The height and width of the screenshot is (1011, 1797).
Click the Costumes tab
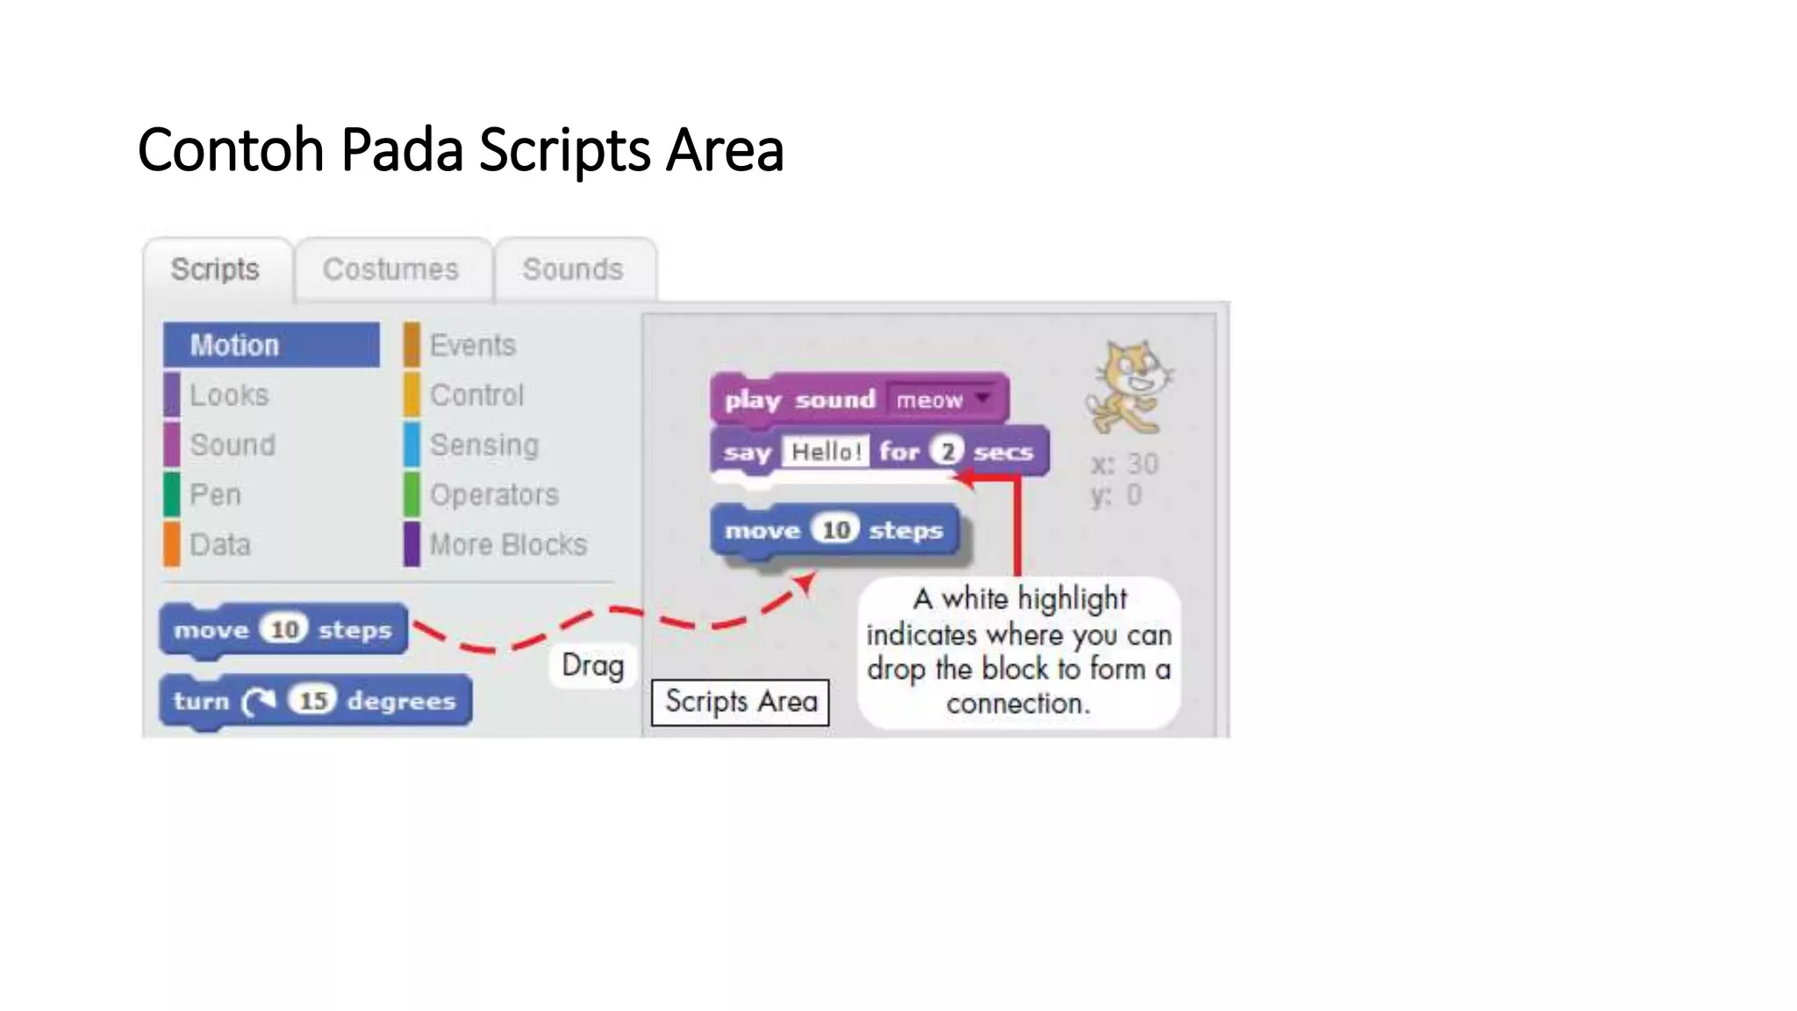pos(390,269)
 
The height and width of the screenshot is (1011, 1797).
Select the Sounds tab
pos(573,269)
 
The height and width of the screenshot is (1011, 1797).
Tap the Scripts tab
pos(215,269)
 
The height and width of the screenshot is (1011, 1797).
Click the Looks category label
pos(229,395)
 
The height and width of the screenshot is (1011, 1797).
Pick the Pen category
pos(215,495)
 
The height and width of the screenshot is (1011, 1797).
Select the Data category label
pos(220,545)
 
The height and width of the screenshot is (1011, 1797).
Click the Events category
pos(472,345)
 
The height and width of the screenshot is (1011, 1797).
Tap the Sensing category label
pos(483,445)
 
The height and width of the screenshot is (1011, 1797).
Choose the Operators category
pos(494,495)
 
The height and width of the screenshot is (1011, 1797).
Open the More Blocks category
pos(508,545)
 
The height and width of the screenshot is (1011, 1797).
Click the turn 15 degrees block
pos(315,700)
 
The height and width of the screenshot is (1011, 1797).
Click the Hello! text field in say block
pos(826,452)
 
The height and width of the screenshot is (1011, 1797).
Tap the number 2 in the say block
pos(947,452)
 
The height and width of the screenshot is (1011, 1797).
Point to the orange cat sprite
pos(1129,389)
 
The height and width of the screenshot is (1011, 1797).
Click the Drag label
pos(593,665)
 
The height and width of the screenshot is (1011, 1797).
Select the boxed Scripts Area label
pos(741,702)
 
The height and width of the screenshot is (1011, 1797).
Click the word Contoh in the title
pos(231,150)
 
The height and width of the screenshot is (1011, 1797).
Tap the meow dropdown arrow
pos(984,399)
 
